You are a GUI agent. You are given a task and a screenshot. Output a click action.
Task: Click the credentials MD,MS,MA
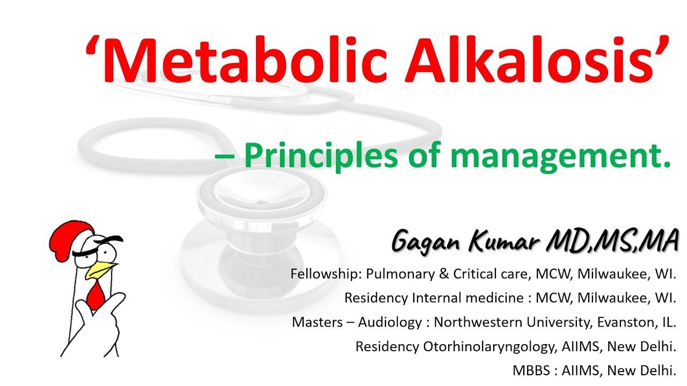pos(612,240)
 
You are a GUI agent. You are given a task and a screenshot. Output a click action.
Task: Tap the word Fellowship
pos(325,274)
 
